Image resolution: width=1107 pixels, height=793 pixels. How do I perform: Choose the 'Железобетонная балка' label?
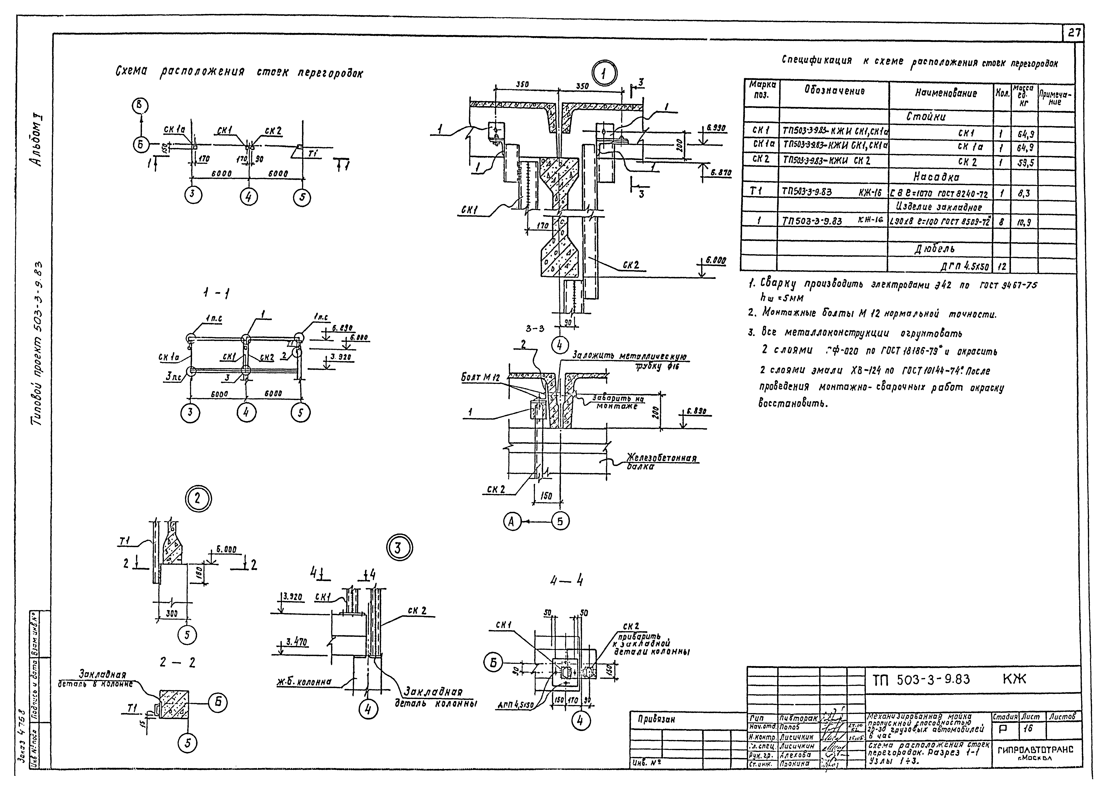pyautogui.click(x=661, y=462)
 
